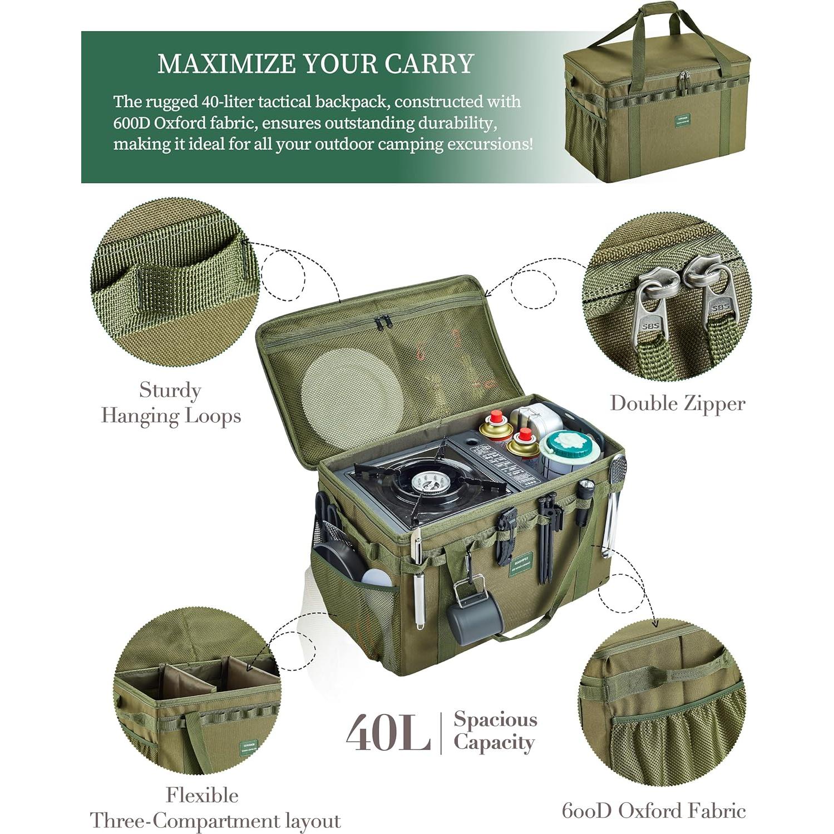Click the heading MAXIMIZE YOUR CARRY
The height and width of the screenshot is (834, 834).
click(315, 64)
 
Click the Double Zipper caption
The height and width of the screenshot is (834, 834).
click(677, 403)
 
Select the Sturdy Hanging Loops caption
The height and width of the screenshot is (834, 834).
click(170, 403)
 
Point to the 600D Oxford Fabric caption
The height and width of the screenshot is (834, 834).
click(653, 810)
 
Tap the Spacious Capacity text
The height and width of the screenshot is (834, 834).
click(495, 731)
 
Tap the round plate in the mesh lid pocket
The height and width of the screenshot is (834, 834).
click(352, 391)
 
